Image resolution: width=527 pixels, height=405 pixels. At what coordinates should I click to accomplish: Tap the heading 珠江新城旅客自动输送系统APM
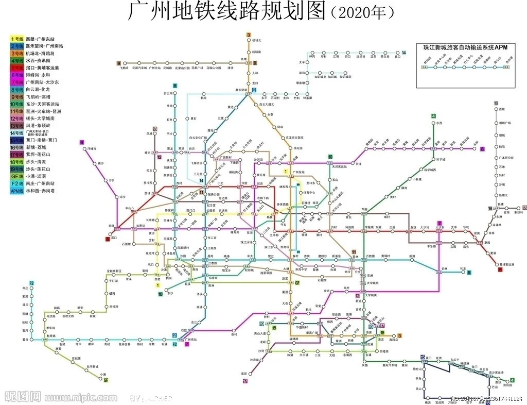point(465,47)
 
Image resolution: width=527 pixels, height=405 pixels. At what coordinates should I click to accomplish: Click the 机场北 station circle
point(248,40)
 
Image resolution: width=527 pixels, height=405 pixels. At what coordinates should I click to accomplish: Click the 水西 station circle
point(433,123)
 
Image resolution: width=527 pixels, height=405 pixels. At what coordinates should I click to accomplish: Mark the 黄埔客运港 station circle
point(500,264)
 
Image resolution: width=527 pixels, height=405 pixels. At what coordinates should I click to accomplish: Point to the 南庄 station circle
point(32,289)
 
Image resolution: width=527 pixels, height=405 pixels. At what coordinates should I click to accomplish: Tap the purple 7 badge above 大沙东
point(439,223)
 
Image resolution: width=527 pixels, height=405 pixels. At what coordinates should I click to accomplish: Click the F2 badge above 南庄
point(32,283)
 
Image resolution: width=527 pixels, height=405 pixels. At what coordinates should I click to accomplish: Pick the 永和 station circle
point(476,149)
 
